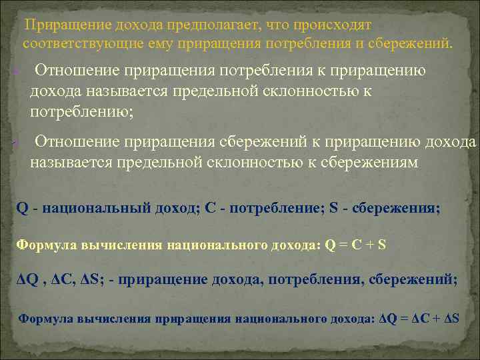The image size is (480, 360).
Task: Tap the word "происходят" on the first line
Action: [x=333, y=25]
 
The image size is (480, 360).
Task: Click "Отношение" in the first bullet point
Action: [x=77, y=71]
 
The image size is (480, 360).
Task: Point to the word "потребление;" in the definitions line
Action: [x=273, y=207]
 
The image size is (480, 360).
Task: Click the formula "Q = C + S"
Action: [x=355, y=244]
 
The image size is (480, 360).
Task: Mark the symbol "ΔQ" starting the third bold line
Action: [x=27, y=280]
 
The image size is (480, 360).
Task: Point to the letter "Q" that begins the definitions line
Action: [x=22, y=207]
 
